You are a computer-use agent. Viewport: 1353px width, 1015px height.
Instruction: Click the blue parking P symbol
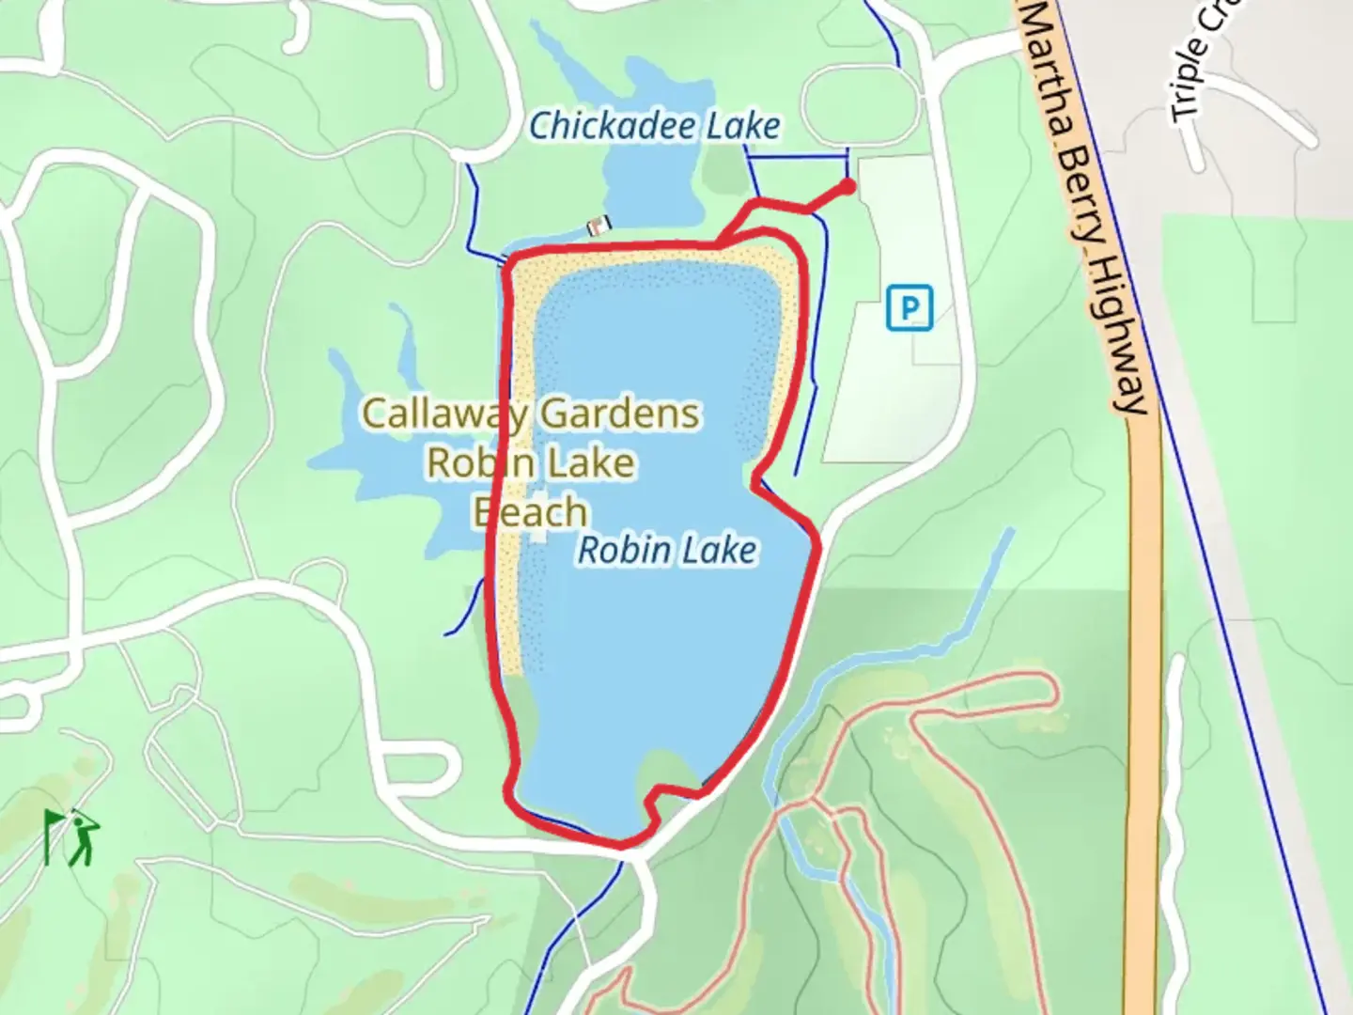910,307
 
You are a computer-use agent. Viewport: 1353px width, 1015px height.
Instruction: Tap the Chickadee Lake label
654,126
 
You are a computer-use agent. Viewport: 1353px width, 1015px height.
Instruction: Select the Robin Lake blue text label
666,551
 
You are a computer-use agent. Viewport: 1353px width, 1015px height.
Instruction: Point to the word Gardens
620,414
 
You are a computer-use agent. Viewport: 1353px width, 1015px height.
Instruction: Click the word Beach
530,512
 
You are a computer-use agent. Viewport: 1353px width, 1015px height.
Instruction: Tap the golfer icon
85,839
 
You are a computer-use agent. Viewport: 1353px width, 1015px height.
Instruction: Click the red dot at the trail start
848,186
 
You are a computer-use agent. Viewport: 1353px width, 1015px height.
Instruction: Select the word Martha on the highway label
1046,66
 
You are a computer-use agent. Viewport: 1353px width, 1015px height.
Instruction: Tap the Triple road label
1188,80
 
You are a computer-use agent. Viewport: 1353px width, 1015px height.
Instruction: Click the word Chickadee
613,126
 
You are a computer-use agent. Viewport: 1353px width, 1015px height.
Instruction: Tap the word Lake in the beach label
592,462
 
